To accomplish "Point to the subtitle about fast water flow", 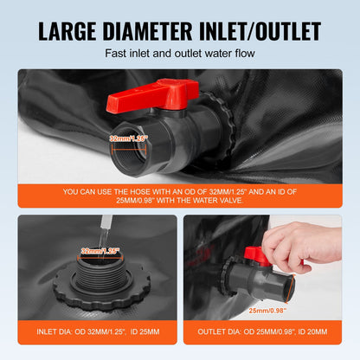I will (x=179, y=54).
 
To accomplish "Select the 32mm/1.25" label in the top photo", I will (x=129, y=138).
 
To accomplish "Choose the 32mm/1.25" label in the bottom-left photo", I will (x=100, y=251).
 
